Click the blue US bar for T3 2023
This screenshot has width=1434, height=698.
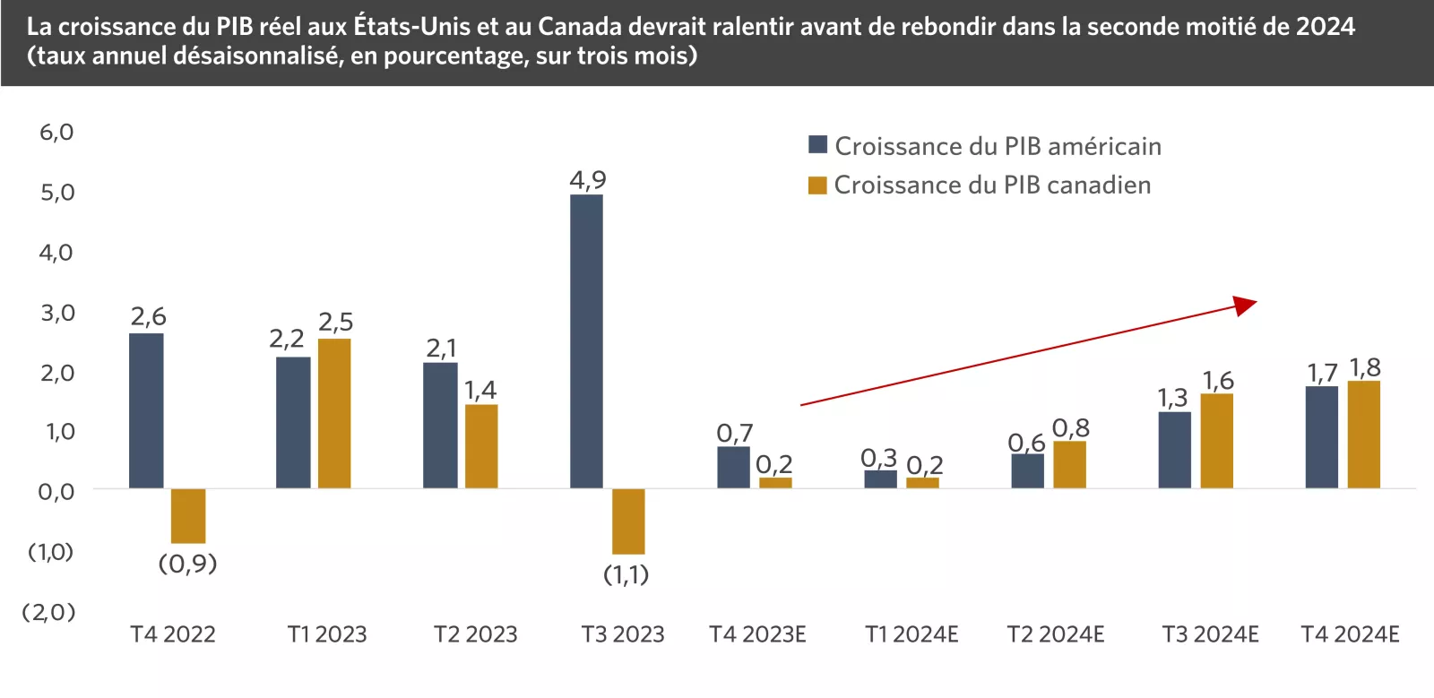point(586,340)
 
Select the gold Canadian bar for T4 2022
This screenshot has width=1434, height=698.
point(188,515)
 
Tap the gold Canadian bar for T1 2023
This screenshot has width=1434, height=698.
point(334,413)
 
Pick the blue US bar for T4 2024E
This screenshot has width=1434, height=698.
point(1321,436)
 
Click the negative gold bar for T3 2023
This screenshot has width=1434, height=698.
point(628,521)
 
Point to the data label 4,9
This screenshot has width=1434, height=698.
point(588,180)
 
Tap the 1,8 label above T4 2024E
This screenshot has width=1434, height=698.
point(1365,367)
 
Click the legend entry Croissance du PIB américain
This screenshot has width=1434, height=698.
point(997,146)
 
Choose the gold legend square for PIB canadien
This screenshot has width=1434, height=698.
point(816,185)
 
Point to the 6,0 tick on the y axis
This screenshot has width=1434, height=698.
point(56,133)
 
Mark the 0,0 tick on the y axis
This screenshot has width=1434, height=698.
point(56,491)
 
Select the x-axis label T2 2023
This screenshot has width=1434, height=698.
point(475,634)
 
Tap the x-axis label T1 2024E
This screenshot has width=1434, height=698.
point(911,634)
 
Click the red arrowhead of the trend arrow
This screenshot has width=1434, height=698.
point(1245,305)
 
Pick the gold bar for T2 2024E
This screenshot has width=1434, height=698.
point(1069,464)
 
